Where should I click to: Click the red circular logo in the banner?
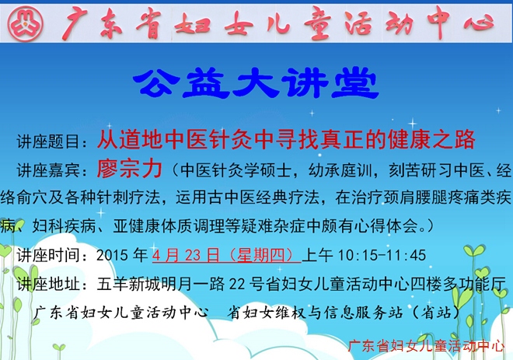click(25, 23)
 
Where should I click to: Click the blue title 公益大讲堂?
click(256, 82)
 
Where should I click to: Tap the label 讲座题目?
click(48, 142)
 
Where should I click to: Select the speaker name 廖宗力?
click(130, 169)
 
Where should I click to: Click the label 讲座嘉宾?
click(48, 170)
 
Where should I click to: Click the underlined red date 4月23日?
click(186, 255)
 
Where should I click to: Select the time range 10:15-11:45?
click(382, 255)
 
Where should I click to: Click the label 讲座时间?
click(48, 255)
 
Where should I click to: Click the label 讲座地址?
click(48, 284)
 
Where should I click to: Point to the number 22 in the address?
click(237, 284)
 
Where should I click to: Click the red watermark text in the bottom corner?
click(426, 346)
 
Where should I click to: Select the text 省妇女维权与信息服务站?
click(315, 313)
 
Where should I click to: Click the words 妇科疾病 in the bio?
click(64, 225)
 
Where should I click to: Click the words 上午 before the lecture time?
click(317, 255)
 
